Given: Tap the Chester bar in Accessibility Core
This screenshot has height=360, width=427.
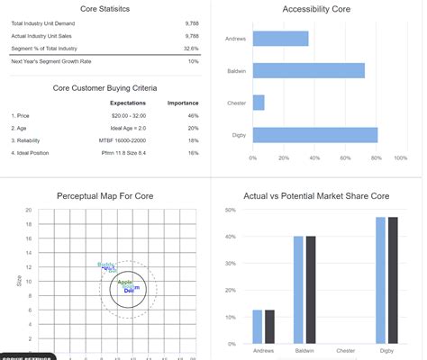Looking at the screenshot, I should click(259, 103).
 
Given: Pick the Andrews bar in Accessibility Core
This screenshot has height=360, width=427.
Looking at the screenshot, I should click(280, 39).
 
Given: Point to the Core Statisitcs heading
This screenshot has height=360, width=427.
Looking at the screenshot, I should click(105, 9).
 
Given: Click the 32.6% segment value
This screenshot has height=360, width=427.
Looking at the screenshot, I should click(191, 48).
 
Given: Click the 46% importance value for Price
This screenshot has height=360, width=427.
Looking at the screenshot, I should click(192, 116).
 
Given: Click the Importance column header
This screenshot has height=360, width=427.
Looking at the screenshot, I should click(183, 103).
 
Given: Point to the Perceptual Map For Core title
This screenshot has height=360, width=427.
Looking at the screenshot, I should click(105, 194).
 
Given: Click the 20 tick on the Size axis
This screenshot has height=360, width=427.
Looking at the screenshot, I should click(29, 211).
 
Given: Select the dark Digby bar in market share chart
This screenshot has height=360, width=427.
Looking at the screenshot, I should click(393, 280).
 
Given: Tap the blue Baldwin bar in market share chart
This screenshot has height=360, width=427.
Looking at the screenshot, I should click(298, 290).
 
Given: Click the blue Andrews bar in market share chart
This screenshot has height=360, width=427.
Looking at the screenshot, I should click(258, 327).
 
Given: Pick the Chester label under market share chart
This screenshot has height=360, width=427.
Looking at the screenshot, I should click(345, 350).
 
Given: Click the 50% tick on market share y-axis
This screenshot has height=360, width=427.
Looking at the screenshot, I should click(230, 210).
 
